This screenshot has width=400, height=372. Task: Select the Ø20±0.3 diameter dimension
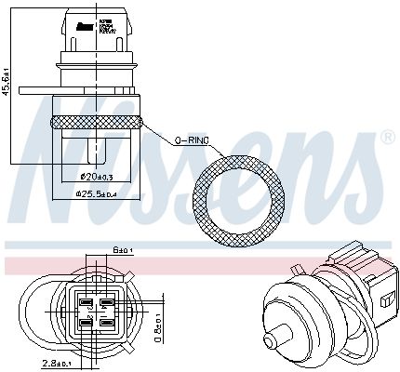click(97, 177)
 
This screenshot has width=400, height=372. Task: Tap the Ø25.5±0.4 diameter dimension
click(97, 194)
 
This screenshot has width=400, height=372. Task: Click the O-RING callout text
click(193, 139)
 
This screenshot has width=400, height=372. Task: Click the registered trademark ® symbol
click(387, 139)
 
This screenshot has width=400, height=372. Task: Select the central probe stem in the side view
click(96, 147)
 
